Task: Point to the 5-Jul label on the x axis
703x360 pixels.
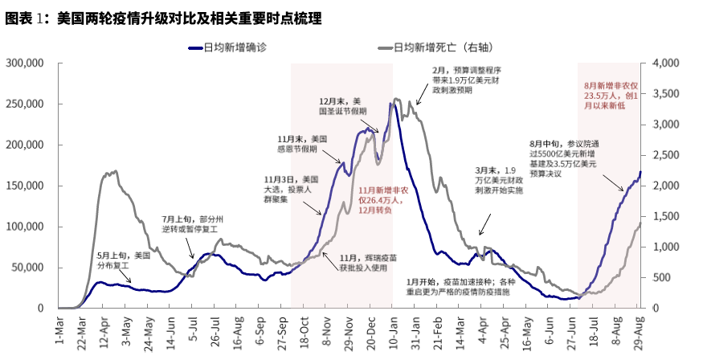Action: click(193, 329)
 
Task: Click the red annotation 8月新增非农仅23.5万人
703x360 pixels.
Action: click(611, 95)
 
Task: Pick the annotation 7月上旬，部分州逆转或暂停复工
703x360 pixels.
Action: click(193, 223)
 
